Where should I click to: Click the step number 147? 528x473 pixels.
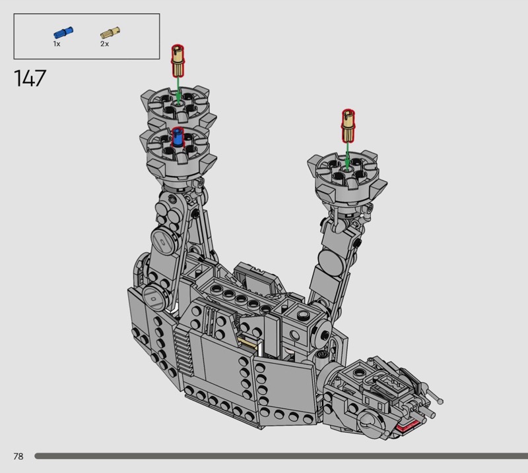tap(30, 78)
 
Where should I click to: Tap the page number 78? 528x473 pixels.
tap(18, 456)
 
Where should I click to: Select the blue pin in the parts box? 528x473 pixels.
tap(63, 32)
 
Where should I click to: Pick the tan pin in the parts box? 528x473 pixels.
tap(110, 32)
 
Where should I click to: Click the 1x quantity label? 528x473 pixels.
tap(57, 44)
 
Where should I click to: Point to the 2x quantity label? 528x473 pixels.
tap(104, 44)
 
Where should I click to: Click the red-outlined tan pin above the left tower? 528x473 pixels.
tap(178, 61)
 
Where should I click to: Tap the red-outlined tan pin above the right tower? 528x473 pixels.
tap(348, 125)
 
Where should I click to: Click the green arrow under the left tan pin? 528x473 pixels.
tap(178, 90)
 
